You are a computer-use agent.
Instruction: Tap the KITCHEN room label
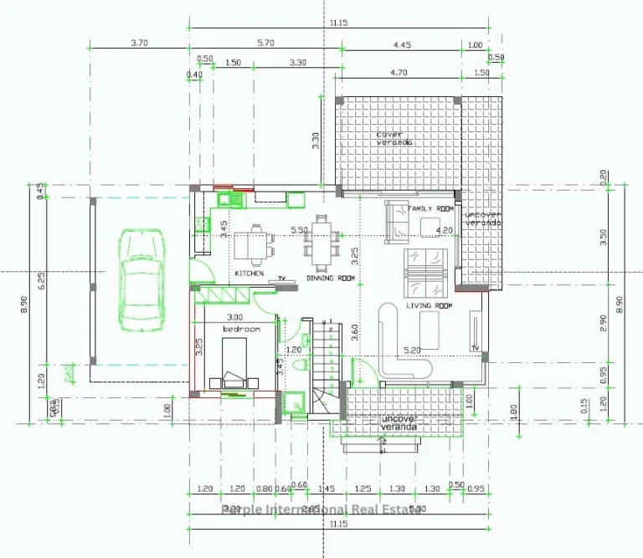click(x=249, y=274)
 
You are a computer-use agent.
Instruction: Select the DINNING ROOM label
click(x=331, y=278)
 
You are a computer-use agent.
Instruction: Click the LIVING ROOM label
click(x=429, y=306)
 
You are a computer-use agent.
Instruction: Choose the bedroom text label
click(x=241, y=330)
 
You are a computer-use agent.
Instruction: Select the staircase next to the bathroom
click(x=329, y=368)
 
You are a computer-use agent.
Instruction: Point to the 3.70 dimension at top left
click(x=140, y=44)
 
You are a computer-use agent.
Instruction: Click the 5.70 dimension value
click(x=266, y=44)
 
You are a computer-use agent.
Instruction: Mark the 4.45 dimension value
click(x=401, y=44)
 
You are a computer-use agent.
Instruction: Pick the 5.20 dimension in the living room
click(x=412, y=350)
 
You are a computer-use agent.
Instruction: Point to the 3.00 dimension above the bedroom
click(x=235, y=317)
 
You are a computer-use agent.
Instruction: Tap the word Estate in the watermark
click(x=399, y=509)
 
